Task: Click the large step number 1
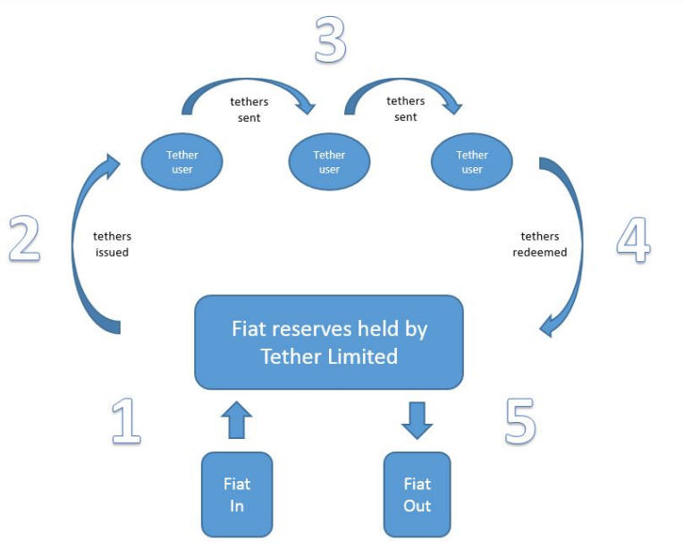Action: coord(126,420)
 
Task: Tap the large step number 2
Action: coord(25,239)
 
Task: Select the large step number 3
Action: coord(331,38)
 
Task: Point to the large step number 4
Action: coord(633,240)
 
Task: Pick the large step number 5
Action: coord(521,421)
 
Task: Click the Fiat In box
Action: coord(237,494)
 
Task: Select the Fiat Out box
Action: coord(417,494)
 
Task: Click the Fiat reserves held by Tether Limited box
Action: coord(329,342)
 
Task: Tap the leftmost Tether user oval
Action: coord(182,162)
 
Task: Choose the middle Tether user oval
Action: coord(329,162)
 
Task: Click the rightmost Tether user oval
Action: coord(472,162)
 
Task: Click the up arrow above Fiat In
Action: coord(236,419)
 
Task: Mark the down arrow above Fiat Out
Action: coord(417,420)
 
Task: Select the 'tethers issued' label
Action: coord(112,244)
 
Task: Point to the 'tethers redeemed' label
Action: coord(540,244)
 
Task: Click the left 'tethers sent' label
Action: coord(249,109)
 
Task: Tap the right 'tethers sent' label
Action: coord(406,108)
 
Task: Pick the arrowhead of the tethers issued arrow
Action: coord(113,165)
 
